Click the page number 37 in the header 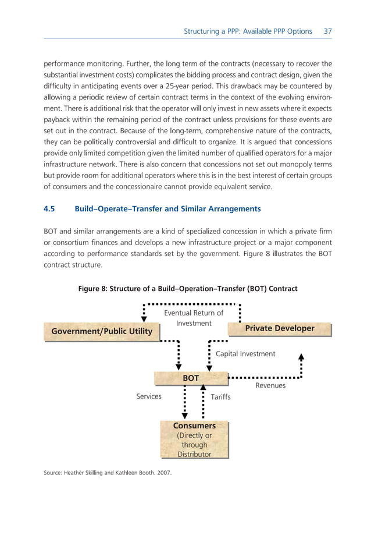327,31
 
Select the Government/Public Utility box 102,331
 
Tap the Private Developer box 280,329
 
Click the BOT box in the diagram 191,378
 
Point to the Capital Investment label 245,353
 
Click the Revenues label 270,386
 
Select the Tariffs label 220,397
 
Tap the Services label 148,396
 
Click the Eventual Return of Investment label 194,318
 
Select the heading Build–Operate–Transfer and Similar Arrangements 167,208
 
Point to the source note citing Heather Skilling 108,473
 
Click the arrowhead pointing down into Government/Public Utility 144,318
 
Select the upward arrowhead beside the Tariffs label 203,388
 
